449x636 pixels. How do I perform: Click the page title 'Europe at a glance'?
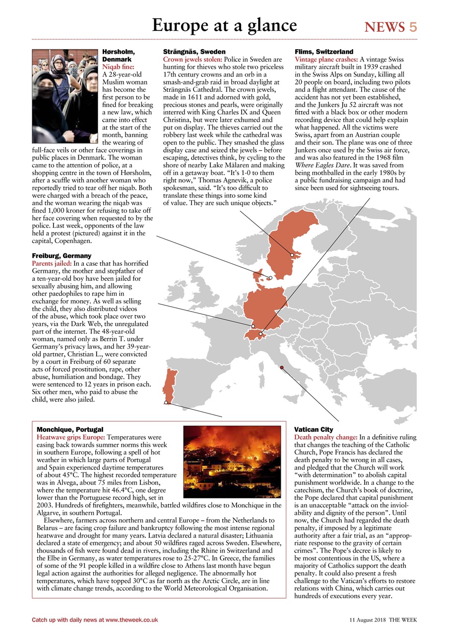[224, 25]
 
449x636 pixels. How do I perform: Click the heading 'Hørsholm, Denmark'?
[119, 55]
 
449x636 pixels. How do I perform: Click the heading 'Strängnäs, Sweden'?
[194, 52]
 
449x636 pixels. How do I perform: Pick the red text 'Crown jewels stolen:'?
[192, 59]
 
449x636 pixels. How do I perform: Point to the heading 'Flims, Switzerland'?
[324, 52]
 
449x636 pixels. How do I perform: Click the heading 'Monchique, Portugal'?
[70, 429]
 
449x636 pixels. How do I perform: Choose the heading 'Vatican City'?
[314, 429]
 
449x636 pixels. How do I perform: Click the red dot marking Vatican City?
[282, 367]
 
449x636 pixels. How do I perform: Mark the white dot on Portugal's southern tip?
[166, 402]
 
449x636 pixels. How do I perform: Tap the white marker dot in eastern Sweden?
[292, 255]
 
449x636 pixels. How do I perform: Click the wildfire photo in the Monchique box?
[232, 458]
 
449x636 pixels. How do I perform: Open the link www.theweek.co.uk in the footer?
[131, 620]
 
